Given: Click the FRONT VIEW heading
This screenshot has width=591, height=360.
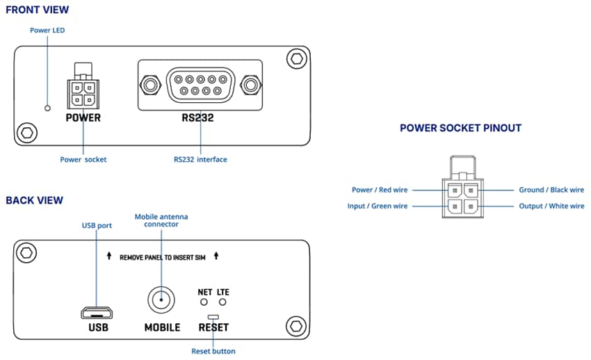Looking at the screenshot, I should point(37,10).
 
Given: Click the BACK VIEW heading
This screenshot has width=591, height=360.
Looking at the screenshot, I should point(34,200).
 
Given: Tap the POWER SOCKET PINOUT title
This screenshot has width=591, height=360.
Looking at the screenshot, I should point(460,128).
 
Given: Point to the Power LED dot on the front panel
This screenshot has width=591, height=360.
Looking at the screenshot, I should point(47,108).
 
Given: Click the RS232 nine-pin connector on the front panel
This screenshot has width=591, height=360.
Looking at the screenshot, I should point(199,85).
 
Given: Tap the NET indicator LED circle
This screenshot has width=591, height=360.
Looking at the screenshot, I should point(204,303).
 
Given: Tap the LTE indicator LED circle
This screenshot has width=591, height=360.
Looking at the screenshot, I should point(223,303).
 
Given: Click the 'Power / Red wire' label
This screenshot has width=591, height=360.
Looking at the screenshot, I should point(380,190).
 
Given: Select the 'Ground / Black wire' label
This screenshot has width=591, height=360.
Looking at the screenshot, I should point(551,190).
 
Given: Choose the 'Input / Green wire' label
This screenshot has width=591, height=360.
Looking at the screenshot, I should point(378,206).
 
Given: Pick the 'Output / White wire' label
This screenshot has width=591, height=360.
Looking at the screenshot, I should point(551,206).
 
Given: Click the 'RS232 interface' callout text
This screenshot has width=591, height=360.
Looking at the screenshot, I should point(200,160).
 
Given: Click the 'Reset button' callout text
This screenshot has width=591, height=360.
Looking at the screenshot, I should point(213,351).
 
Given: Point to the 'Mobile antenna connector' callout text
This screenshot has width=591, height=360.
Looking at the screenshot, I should point(161,221).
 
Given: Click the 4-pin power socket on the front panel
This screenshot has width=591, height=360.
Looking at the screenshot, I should point(83,92).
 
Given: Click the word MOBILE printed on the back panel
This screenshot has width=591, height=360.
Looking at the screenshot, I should point(162,327).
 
